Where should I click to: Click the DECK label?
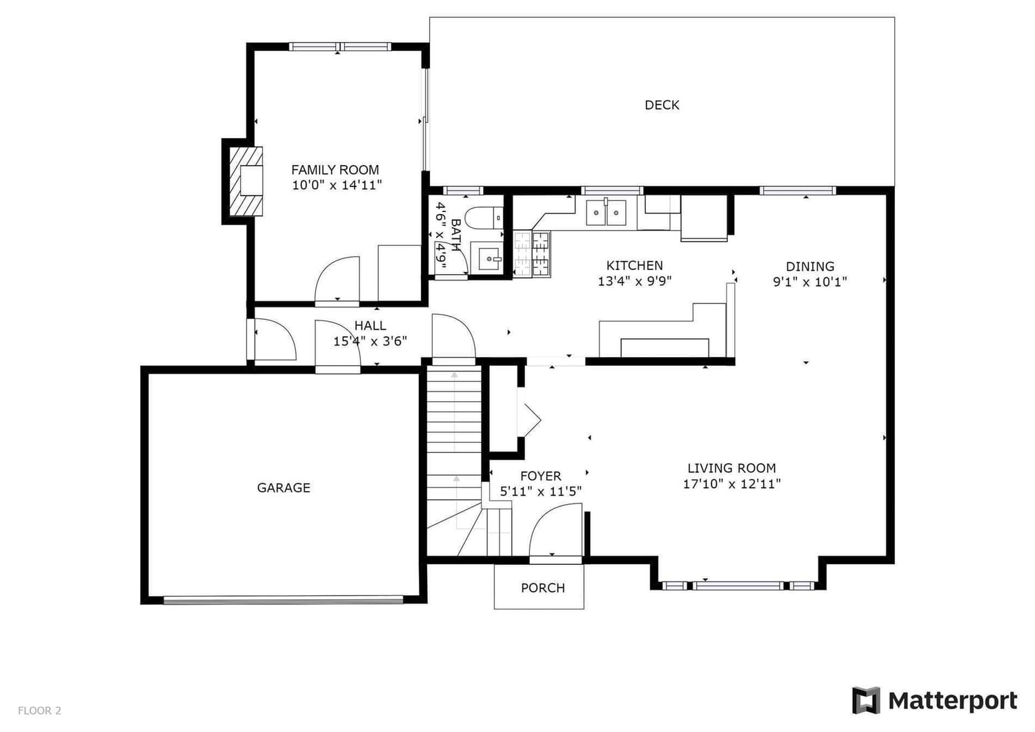662,105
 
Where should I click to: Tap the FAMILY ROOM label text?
335,170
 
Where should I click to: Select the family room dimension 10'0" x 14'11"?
337,186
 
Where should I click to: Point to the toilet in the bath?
484,218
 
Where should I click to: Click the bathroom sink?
486,258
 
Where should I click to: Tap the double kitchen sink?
606,213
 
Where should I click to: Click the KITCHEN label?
634,265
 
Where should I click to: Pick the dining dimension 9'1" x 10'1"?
810,282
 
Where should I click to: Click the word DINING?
810,267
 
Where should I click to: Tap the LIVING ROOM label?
731,468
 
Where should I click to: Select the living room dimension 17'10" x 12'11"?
732,484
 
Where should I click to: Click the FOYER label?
540,476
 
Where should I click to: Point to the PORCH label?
543,588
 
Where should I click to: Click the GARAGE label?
284,488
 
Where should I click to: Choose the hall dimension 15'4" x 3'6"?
370,341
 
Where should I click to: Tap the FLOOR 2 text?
39,711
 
